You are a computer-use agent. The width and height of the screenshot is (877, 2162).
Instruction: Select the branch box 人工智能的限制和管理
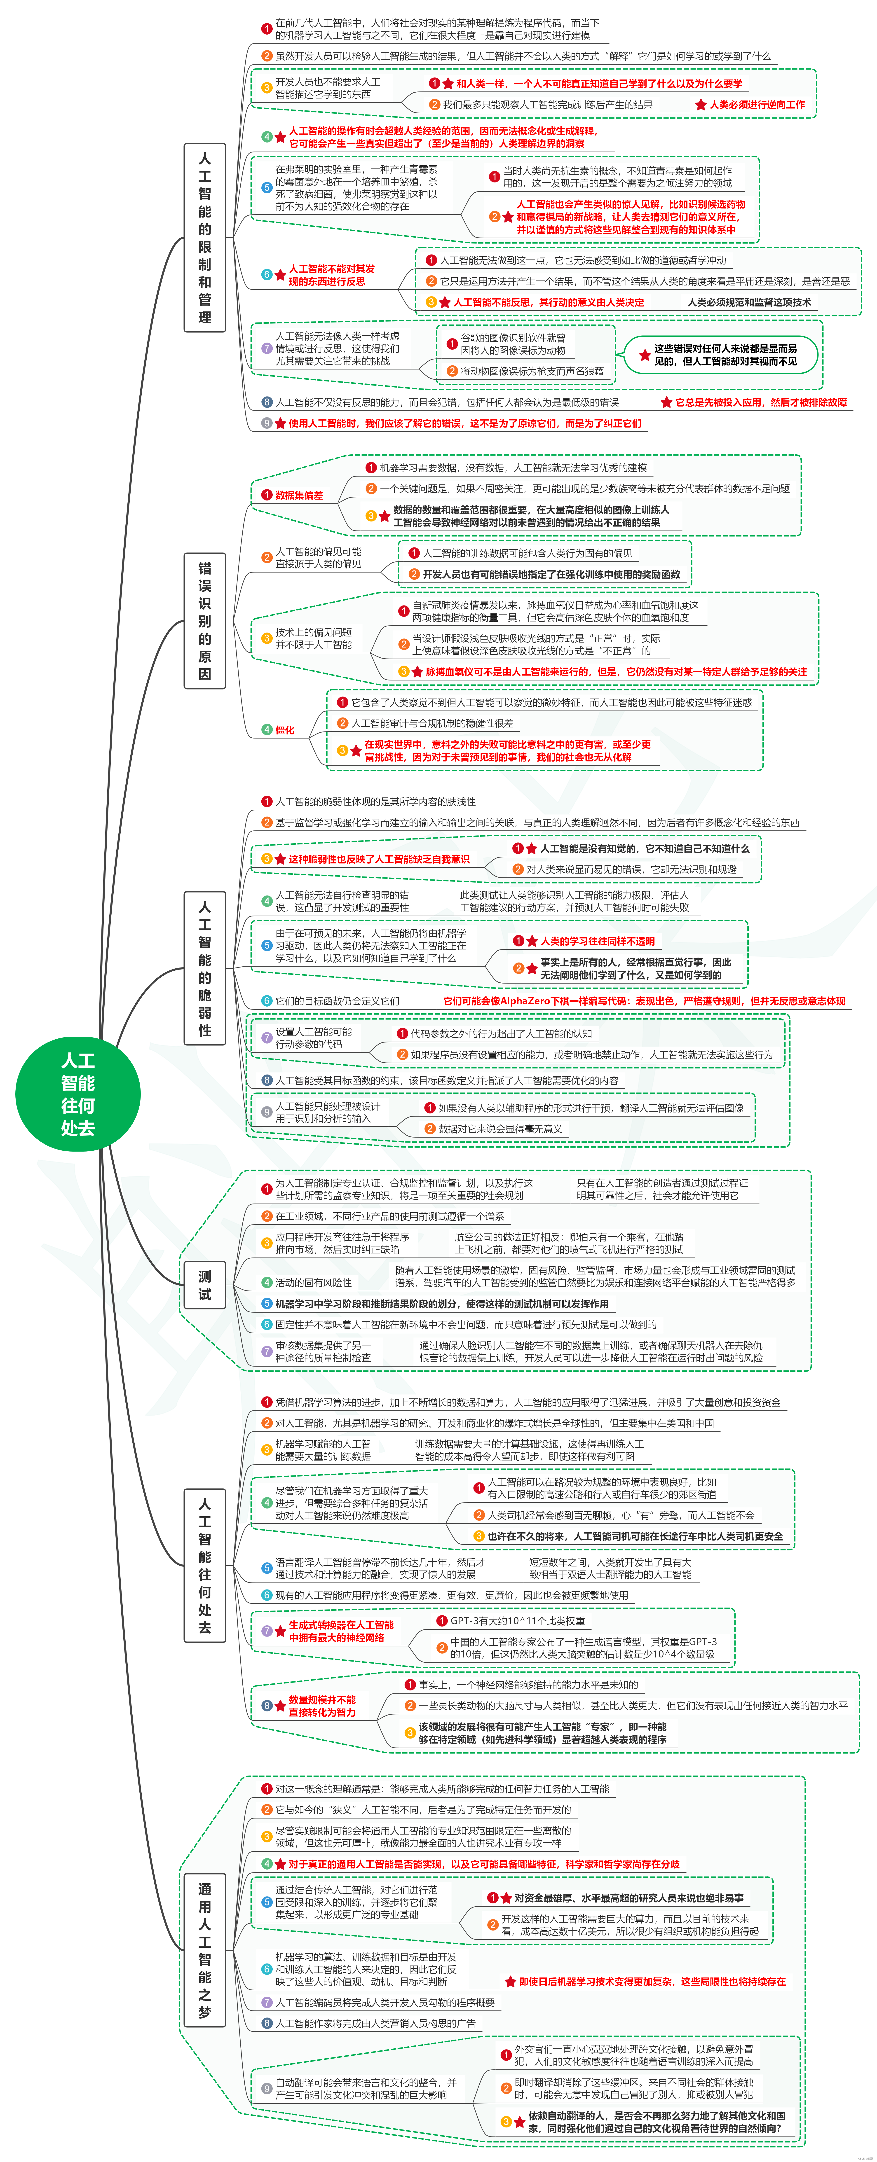click(205, 238)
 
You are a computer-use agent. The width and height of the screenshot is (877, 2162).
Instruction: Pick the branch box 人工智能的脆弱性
click(205, 968)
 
